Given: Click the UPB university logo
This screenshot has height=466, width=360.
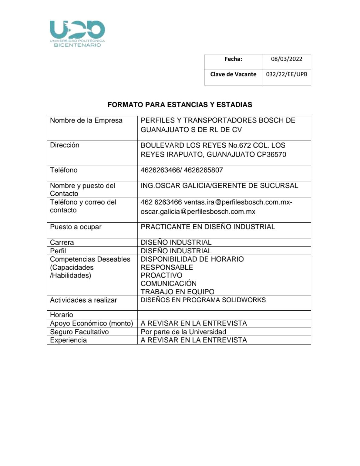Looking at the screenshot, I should pos(77,33).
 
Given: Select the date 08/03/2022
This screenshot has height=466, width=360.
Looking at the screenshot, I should pos(286,59).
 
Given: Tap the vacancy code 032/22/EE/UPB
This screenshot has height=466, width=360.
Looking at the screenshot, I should pos(286,74).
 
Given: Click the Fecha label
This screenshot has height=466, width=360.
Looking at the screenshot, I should pos(233,59).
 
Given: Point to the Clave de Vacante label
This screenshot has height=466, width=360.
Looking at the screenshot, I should pos(233,74).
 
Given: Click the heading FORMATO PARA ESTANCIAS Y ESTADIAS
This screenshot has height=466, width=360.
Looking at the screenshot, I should pos(180,105).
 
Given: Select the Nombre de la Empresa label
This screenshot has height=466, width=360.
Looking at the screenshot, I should pos(86,120).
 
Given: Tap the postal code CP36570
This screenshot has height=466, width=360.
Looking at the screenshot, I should pos(271,154).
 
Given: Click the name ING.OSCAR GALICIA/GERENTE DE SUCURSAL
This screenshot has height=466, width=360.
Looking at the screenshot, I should pos(219,185).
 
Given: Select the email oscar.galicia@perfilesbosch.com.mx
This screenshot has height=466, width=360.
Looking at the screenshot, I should pos(198,211).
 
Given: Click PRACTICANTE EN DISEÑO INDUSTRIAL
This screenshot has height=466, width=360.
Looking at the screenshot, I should pos(208,227).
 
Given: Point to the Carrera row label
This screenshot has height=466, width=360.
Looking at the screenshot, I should pos(62,242).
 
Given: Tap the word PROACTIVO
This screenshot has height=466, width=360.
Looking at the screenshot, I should pos(161,275).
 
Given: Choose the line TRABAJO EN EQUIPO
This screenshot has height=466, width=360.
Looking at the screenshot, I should pos(177,292).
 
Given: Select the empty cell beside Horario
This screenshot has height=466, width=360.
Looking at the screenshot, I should pos(224,315).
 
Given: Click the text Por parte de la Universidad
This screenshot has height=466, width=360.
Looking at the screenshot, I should pos(183,332).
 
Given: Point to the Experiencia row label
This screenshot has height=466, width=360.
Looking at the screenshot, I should pos(68,340).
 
